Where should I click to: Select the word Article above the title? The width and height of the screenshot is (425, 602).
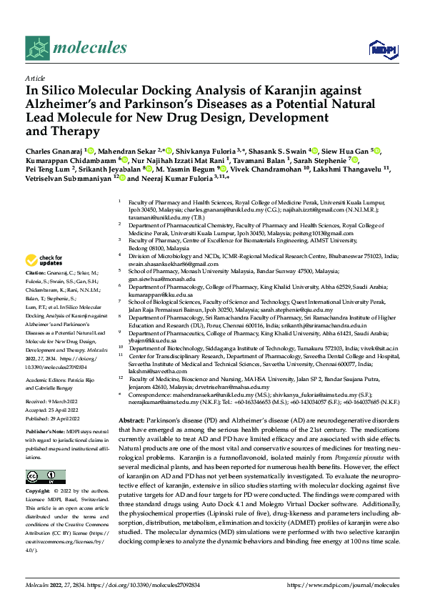pos(35,77)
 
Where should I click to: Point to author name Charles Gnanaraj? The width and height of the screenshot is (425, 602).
pos(53,152)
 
